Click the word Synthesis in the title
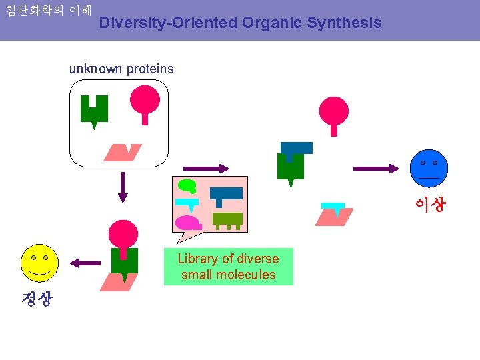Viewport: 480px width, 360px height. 344,23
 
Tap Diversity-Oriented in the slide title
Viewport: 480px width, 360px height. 168,23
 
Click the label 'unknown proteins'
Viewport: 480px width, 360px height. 121,69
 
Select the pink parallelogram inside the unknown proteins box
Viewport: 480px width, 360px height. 123,153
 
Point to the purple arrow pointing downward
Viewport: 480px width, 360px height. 122,186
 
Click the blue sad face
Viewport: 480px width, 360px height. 429,168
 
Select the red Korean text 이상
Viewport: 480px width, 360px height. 430,204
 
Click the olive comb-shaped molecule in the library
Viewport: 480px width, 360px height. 227,219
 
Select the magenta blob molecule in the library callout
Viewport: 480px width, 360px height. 187,223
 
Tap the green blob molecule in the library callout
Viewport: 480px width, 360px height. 187,186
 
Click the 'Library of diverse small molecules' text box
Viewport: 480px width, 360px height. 228,267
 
